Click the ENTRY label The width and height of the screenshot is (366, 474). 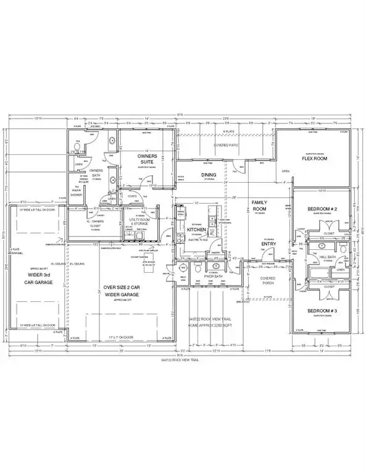point(268,244)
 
